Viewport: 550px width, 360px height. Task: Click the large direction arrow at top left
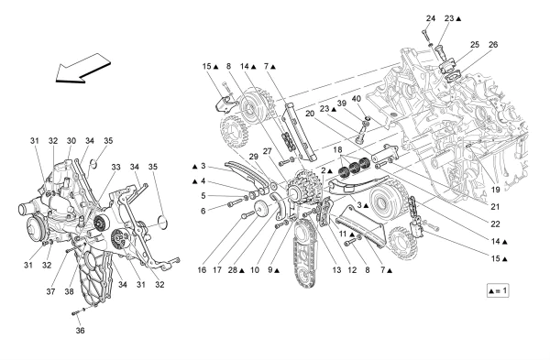[x=83, y=69]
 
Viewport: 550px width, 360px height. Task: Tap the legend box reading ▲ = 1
[x=498, y=290]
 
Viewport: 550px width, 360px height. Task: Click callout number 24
[x=431, y=18]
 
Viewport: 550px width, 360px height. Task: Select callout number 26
[x=493, y=45]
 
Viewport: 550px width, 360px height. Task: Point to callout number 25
[x=475, y=45]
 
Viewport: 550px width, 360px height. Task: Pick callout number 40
[x=357, y=99]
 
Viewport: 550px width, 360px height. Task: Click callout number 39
[x=342, y=104]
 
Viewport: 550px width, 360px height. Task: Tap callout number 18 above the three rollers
[x=337, y=150]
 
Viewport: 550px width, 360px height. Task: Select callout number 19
[x=495, y=190]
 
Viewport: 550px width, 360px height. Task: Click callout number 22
[x=495, y=224]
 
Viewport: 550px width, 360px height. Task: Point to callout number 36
[x=80, y=330]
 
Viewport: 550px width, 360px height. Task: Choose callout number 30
[x=71, y=140]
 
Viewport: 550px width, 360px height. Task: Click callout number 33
[x=116, y=167]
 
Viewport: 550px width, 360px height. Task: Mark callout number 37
[x=50, y=291]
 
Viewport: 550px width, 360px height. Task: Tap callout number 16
[x=202, y=270]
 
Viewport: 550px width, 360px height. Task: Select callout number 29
[x=254, y=157]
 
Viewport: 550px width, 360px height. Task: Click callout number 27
[x=268, y=151]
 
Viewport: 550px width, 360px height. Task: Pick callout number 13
[x=336, y=270]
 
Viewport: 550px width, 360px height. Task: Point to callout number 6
[x=203, y=211]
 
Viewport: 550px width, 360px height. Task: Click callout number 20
[x=310, y=114]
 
